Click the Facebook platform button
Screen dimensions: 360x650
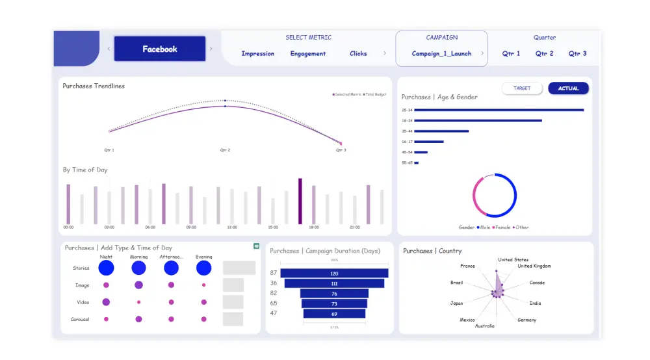click(159, 49)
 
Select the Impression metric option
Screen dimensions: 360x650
click(257, 54)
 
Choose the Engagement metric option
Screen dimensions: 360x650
click(308, 54)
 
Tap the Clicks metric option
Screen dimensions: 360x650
click(358, 54)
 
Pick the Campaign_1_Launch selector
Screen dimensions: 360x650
click(441, 54)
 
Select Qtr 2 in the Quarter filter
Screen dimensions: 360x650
click(544, 54)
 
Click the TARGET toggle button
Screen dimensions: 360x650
click(522, 88)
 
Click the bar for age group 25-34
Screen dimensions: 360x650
click(499, 110)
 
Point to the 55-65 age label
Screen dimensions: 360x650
click(407, 162)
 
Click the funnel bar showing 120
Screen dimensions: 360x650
click(334, 274)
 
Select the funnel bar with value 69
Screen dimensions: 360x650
click(334, 314)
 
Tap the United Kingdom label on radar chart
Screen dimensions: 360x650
click(534, 266)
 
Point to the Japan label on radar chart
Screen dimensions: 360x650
click(457, 303)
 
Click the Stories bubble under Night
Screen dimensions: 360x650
click(106, 268)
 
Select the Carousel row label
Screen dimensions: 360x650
click(80, 319)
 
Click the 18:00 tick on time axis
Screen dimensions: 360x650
click(313, 227)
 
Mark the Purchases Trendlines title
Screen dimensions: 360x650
click(94, 86)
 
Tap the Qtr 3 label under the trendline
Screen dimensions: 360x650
click(341, 150)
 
